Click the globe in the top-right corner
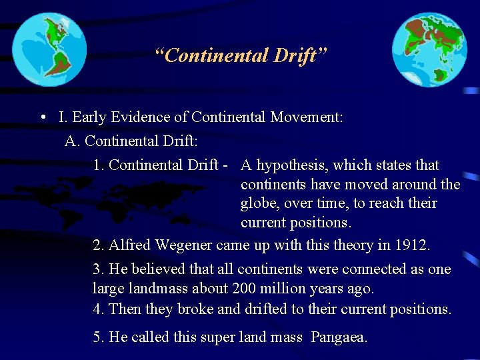pyautogui.click(x=429, y=50)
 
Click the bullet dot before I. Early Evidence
pyautogui.click(x=42, y=118)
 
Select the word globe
pyautogui.click(x=260, y=203)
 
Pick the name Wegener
pyautogui.click(x=185, y=245)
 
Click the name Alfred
pyautogui.click(x=130, y=245)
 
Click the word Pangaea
pyautogui.click(x=339, y=337)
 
